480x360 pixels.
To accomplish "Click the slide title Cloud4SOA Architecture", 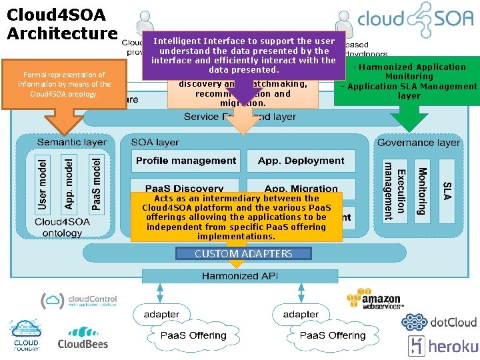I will pos(61,23).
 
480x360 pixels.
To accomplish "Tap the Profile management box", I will pos(186,161).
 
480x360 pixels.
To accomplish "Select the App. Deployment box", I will pos(301,161).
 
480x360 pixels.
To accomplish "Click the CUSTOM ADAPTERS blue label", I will pos(243,253).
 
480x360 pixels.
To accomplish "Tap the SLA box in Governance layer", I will pos(447,189).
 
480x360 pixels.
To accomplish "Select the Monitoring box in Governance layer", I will pos(421,189).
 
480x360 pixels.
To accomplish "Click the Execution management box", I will pos(394,189).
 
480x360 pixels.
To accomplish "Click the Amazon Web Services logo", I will pos(374,299).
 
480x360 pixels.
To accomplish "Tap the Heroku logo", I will pos(443,346).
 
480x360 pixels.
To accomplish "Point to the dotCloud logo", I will pos(439,322).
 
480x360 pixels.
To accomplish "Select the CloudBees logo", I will pos(82,338).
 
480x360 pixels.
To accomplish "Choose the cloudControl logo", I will pos(79,300).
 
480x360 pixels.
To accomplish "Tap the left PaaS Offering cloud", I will pos(193,335).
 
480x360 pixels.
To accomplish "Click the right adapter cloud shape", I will pos(301,314).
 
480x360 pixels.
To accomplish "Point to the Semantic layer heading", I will pos(71,142).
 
